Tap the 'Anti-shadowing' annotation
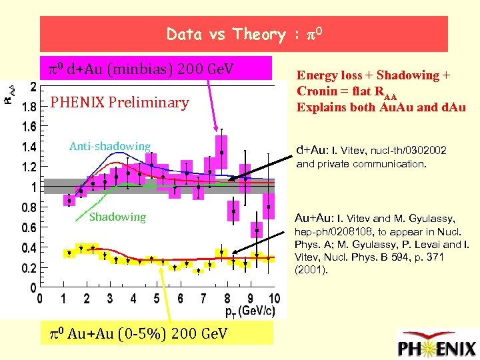pos(110,146)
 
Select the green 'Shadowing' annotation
pos(117,217)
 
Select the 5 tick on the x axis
pos(157,298)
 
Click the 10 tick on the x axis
pos(273,298)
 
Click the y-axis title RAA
pos(9,92)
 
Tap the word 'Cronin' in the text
pos(317,91)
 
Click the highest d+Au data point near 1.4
pos(221,153)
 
